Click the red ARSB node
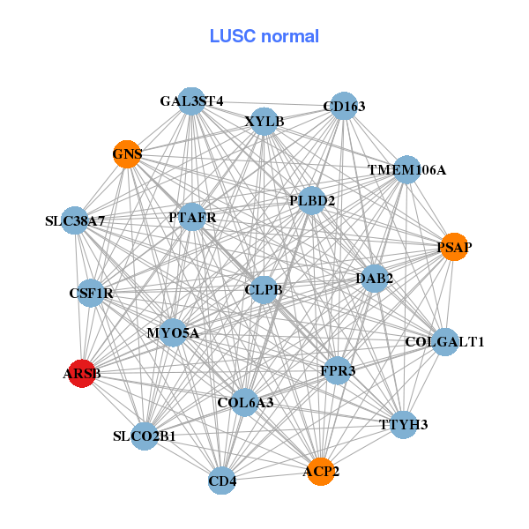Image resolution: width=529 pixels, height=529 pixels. (82, 374)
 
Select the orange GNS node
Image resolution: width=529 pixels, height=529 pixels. (127, 155)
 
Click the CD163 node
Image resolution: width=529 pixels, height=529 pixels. (343, 107)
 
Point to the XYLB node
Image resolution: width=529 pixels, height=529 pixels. (264, 122)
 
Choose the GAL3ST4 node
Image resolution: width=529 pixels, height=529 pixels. (191, 101)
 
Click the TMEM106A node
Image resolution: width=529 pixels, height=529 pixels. (406, 169)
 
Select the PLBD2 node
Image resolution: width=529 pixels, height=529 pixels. (312, 201)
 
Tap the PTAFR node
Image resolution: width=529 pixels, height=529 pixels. (192, 217)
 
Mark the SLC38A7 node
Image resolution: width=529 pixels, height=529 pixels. (76, 220)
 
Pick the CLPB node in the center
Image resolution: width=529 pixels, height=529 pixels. (264, 289)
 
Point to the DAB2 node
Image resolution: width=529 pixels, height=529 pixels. (374, 279)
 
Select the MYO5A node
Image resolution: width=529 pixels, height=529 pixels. (173, 333)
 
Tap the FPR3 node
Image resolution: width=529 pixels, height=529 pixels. (338, 371)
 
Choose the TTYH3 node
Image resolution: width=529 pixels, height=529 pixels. (403, 425)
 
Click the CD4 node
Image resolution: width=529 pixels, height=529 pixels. (222, 481)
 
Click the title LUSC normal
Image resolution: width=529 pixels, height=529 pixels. (264, 36)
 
